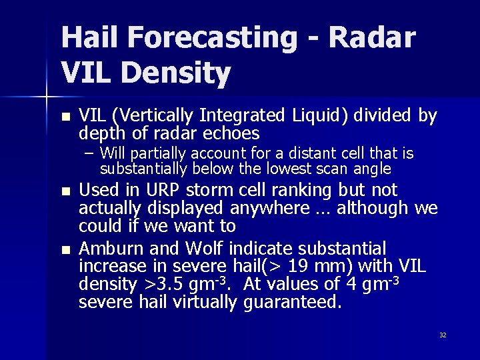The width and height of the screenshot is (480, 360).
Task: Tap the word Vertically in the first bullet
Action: click(x=153, y=117)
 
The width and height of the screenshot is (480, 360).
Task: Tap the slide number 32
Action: click(x=442, y=335)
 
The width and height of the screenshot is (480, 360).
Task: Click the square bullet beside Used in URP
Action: click(x=65, y=191)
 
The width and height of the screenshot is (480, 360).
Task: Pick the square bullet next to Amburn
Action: click(x=65, y=250)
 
